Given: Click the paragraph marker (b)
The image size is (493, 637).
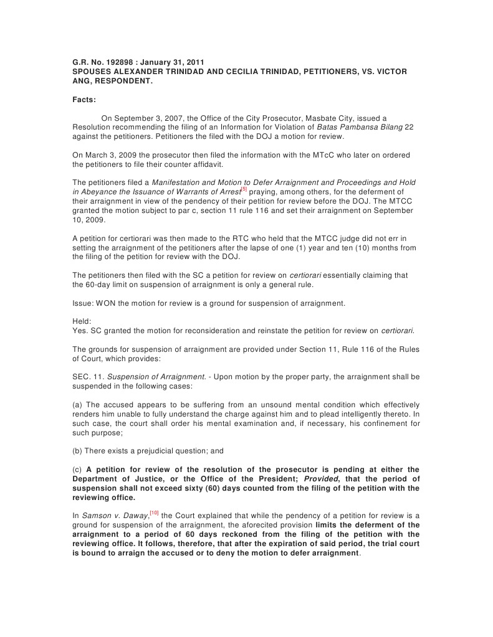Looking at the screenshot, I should click(x=79, y=450).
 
